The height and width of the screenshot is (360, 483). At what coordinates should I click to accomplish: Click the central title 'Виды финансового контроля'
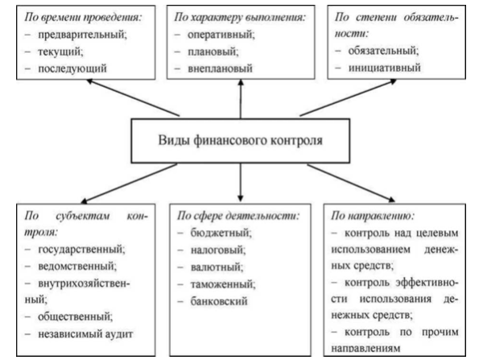240,140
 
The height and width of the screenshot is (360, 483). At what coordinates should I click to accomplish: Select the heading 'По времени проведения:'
83,17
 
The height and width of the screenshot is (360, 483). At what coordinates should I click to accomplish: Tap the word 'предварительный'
82,35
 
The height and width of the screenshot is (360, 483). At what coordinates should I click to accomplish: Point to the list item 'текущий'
60,52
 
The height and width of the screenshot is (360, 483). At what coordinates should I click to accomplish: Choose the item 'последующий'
72,68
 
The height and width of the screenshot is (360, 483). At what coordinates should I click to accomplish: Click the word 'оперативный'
221,35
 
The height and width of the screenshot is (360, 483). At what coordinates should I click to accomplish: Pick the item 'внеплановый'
220,68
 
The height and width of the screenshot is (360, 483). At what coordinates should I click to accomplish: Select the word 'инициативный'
385,68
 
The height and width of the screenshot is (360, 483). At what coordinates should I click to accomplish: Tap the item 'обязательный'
383,51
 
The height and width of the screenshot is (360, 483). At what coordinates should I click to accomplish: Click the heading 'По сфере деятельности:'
238,216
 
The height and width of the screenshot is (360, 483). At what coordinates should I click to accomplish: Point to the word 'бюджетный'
221,233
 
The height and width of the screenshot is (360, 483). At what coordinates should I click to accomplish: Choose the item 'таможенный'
223,283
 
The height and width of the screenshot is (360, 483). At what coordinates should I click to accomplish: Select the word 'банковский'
219,301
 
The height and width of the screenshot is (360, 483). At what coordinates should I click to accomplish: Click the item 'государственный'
81,249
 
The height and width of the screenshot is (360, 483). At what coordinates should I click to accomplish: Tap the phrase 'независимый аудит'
85,334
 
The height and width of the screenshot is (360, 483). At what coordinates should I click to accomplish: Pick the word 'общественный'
75,317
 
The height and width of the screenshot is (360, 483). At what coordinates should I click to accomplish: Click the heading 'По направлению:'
373,216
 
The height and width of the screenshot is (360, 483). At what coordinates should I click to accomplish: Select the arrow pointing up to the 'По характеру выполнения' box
241,98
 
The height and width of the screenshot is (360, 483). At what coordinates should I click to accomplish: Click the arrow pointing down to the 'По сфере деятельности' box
241,183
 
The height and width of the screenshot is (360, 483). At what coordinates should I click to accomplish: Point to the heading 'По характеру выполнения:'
240,17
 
